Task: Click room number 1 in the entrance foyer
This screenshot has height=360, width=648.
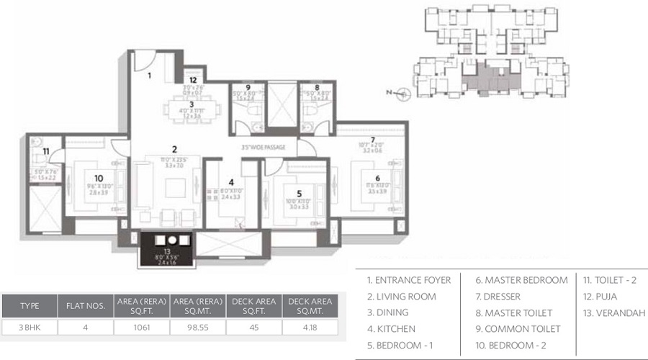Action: click(x=150, y=74)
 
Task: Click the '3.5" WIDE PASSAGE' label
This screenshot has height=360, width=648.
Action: click(x=264, y=147)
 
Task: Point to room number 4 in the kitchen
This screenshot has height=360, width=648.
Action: click(x=230, y=182)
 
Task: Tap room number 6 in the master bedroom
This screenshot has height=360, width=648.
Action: click(x=377, y=179)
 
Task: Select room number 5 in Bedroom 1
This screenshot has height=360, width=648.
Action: click(x=299, y=193)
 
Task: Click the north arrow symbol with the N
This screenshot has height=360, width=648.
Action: click(x=403, y=92)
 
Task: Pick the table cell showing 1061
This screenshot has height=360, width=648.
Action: click(x=141, y=326)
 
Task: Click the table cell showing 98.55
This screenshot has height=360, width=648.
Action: click(x=197, y=326)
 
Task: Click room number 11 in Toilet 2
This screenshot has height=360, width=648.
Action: click(x=45, y=151)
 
